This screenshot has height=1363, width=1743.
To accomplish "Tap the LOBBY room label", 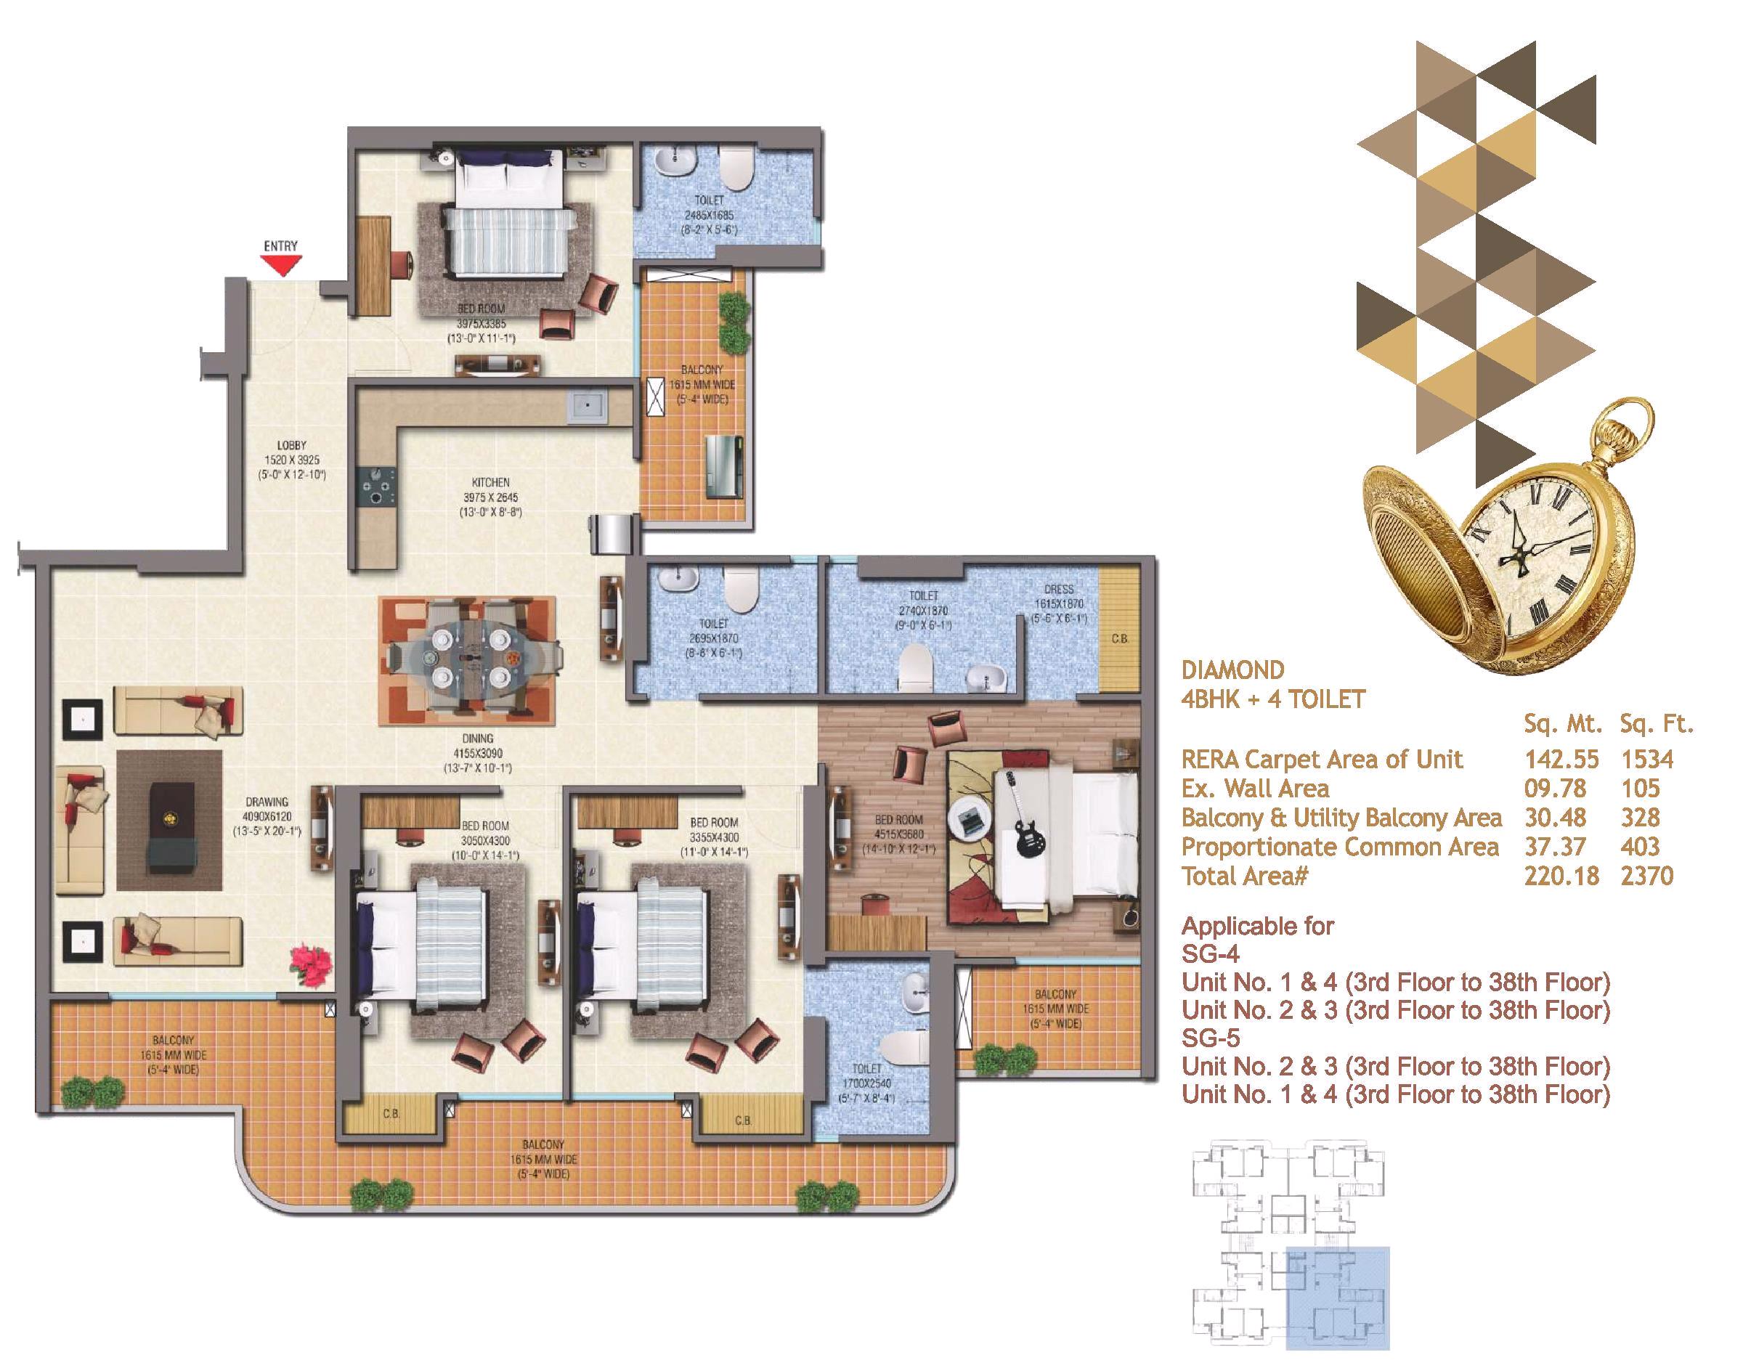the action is coord(291,445).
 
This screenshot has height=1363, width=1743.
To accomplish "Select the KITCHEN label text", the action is coord(490,482).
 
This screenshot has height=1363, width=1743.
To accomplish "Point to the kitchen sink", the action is coord(588,407).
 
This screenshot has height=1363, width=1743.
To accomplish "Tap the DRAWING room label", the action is coord(267,801).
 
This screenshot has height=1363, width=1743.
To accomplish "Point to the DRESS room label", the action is coord(1059,590).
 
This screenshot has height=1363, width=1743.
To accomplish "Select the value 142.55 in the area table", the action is coord(1562,759).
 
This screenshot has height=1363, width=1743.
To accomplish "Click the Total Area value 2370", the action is coord(1647,876).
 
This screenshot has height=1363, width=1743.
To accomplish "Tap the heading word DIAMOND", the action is coord(1233,670).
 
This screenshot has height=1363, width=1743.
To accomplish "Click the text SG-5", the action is coord(1211,1038).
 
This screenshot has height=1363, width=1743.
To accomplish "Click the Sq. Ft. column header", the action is coord(1656,724).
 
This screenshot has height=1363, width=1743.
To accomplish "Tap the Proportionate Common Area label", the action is coord(1341,847).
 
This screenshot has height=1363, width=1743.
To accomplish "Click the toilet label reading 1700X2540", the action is coord(866,1083).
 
